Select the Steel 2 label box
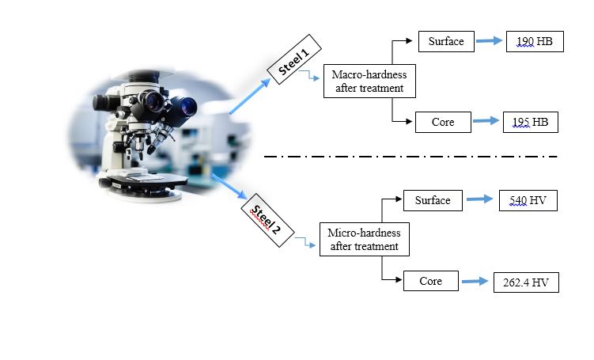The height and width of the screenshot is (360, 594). (x=265, y=218)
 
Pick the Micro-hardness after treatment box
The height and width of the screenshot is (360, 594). (x=365, y=239)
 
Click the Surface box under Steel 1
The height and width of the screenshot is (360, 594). (x=446, y=41)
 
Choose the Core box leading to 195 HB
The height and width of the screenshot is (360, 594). (x=443, y=123)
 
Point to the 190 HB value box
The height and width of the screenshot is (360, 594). (x=535, y=41)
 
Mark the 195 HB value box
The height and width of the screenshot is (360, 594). (x=531, y=122)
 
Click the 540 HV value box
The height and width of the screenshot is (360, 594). (x=528, y=201)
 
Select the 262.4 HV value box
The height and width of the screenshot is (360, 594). (x=525, y=282)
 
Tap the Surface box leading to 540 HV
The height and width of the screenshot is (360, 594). (x=433, y=201)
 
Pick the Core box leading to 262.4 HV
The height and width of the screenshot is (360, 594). (x=430, y=281)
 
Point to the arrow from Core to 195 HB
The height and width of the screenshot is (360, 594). (x=486, y=123)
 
